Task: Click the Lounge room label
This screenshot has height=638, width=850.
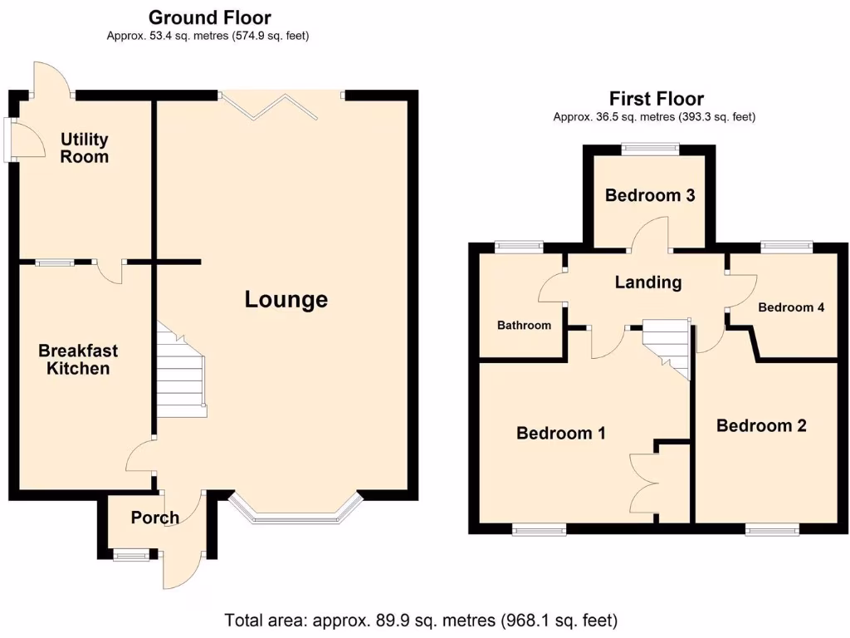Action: tap(286, 300)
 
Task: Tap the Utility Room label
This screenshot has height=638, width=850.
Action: tap(84, 148)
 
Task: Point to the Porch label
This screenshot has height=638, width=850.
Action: tap(155, 518)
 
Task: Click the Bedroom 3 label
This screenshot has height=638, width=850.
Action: tap(650, 196)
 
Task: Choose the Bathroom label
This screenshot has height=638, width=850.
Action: tap(524, 326)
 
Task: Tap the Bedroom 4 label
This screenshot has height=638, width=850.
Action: tap(791, 307)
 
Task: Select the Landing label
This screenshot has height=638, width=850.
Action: tap(648, 282)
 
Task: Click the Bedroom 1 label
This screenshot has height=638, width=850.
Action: tap(561, 433)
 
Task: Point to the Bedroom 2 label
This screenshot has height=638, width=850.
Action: tap(761, 426)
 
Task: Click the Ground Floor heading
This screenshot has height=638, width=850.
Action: tap(209, 17)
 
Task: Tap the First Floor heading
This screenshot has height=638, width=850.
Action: tap(656, 99)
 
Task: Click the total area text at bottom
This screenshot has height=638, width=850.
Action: tap(422, 620)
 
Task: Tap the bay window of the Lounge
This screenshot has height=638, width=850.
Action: tap(296, 514)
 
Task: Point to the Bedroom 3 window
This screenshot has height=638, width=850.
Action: tap(651, 150)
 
